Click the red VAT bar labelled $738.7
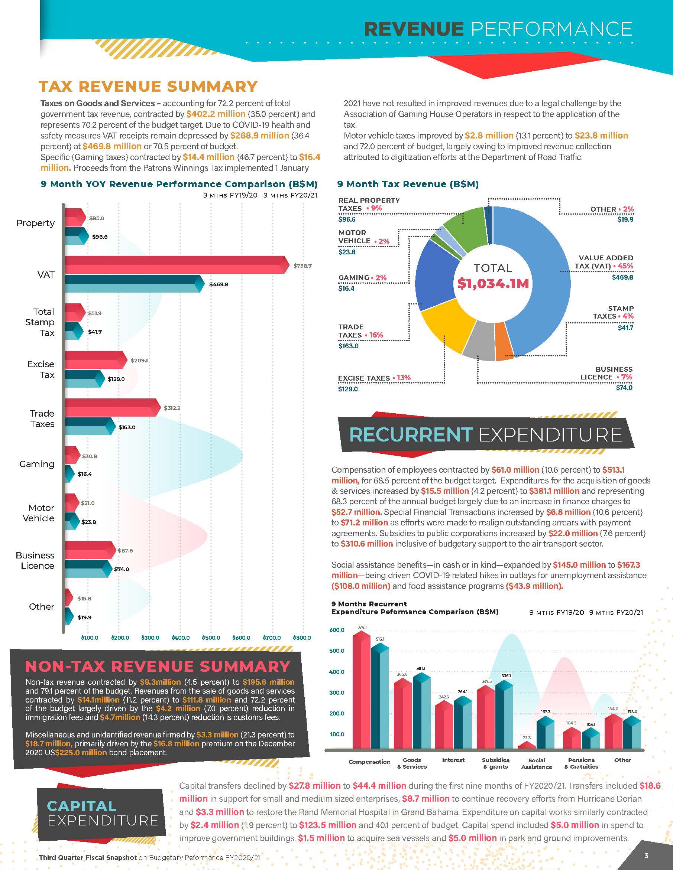pos(175,264)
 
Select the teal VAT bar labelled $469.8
pos(132,284)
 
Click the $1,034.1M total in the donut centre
pos(493,284)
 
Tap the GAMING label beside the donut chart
pos(354,278)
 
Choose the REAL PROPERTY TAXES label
pos(369,204)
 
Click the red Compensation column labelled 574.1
pos(362,693)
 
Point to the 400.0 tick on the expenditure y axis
pos(337,672)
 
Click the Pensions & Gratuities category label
pos(581,763)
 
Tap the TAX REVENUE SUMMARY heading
pos(148,87)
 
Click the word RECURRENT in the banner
pos(411,434)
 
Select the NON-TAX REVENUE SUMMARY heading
pos(158,667)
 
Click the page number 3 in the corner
pos(646,855)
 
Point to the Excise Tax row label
pos(41,369)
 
